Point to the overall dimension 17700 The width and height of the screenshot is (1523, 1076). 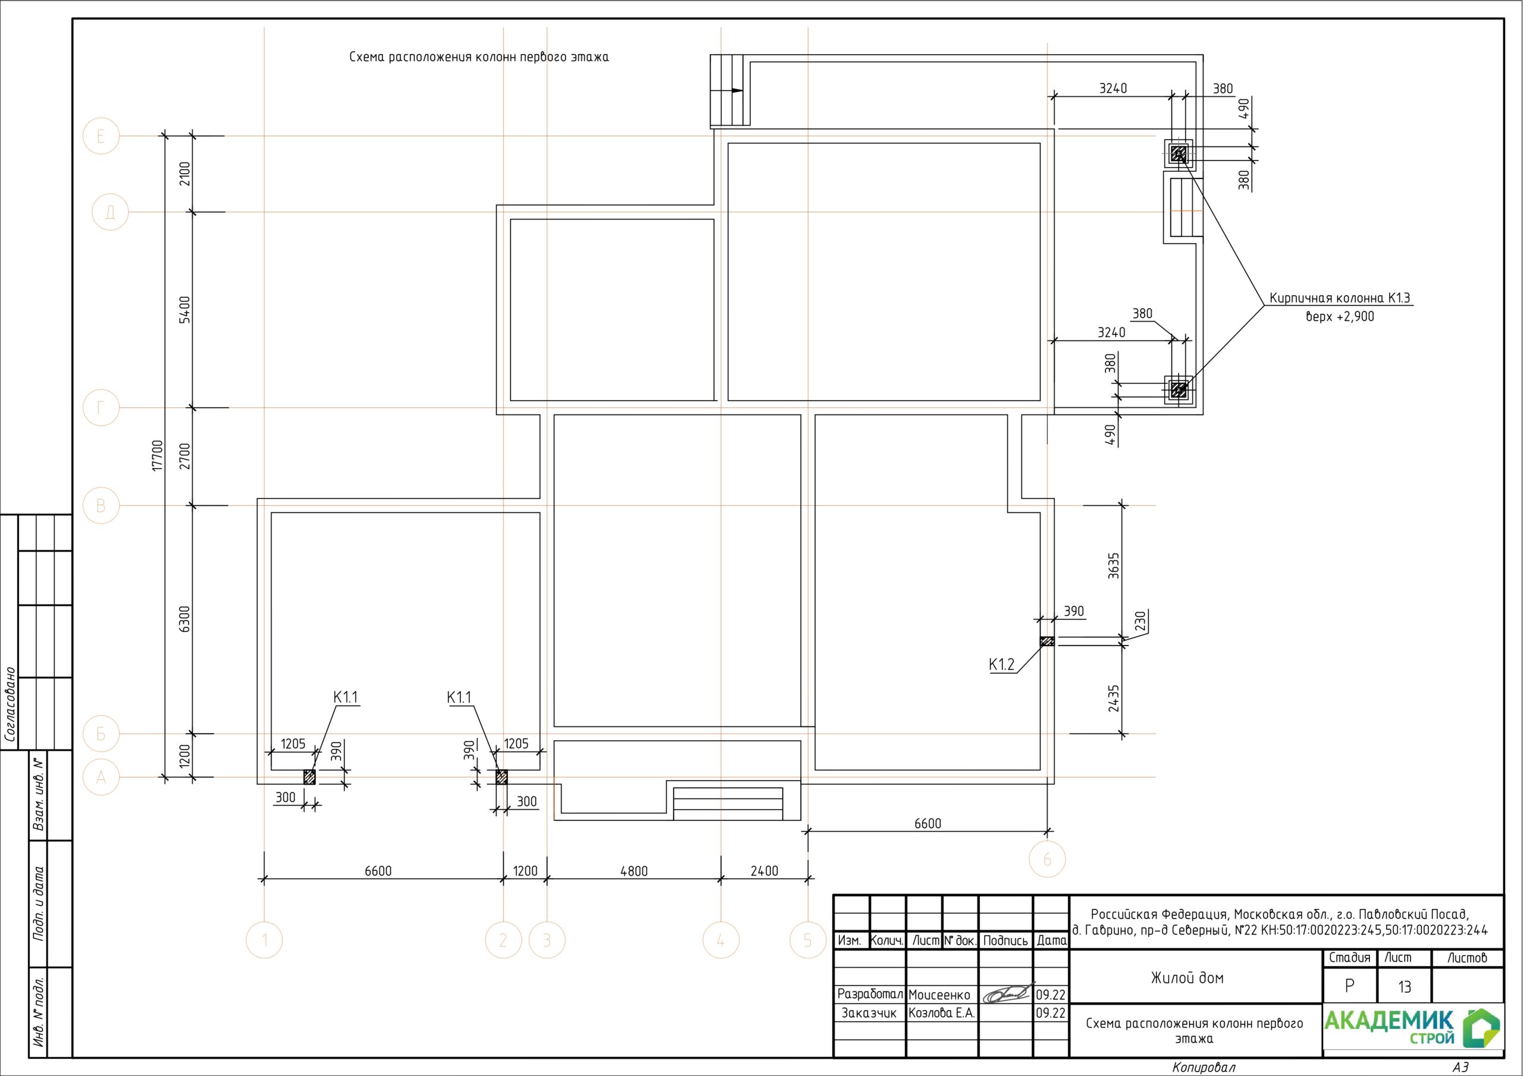[157, 455]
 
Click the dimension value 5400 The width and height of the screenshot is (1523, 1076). [185, 310]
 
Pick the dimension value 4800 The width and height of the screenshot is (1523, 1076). [634, 871]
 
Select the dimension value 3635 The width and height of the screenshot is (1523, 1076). [1114, 565]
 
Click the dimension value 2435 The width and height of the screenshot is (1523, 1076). [1114, 698]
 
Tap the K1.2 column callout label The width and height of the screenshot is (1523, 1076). [1002, 664]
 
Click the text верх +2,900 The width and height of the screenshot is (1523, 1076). [1340, 317]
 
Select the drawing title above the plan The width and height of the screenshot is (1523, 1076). [479, 57]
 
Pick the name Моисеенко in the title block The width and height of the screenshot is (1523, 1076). [939, 995]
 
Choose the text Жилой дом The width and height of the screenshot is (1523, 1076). [1187, 978]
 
